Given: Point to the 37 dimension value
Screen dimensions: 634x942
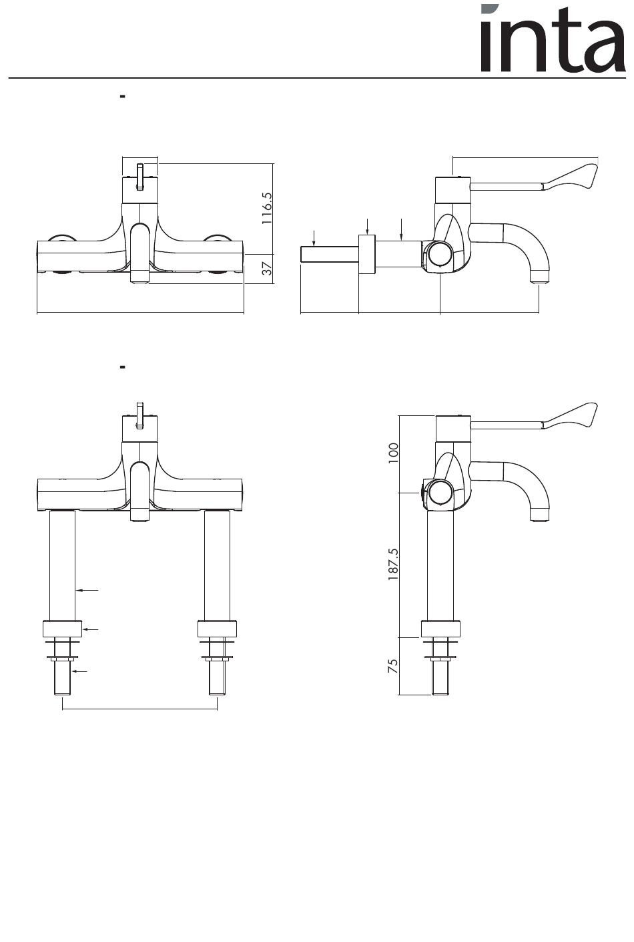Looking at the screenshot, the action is click(266, 268).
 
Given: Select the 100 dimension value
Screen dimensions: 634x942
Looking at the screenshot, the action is click(393, 453).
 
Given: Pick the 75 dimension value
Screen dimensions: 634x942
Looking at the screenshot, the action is click(393, 666).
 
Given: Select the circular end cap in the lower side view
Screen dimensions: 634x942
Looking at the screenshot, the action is click(440, 493).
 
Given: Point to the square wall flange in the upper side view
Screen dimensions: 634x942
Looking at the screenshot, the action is click(366, 254).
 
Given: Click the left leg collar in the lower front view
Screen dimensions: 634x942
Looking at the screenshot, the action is click(62, 629).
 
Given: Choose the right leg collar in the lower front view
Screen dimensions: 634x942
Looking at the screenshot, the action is click(218, 629).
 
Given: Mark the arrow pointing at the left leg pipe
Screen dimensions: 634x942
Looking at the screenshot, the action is click(87, 590).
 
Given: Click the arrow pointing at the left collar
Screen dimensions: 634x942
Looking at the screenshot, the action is click(91, 629).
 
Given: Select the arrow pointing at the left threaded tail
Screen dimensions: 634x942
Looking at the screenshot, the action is click(80, 671).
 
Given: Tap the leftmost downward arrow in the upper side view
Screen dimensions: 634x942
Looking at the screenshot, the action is click(314, 237).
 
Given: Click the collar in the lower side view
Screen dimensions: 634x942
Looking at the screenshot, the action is click(440, 629).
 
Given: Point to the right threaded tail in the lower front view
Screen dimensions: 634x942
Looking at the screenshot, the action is click(218, 677).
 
